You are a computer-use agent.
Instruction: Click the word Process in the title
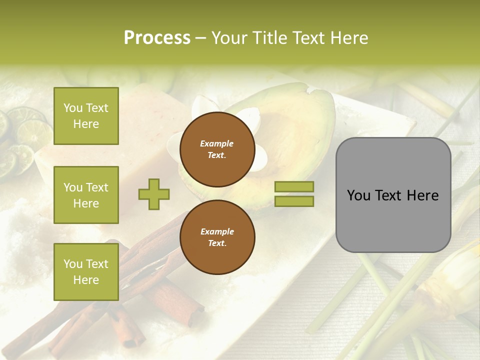click(157, 38)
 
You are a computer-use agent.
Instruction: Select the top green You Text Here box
click(86, 116)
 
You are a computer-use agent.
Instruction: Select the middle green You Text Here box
click(86, 195)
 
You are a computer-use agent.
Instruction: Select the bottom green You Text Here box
click(86, 271)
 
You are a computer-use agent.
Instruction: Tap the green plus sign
click(154, 194)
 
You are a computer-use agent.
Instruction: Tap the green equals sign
click(294, 194)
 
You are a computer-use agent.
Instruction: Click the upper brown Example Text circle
click(217, 149)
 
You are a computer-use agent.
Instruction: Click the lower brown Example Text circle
click(217, 237)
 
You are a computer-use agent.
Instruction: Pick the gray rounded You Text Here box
click(393, 195)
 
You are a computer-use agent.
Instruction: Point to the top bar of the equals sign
click(294, 187)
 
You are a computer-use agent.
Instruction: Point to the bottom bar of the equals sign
click(294, 201)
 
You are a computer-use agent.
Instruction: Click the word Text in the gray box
click(393, 195)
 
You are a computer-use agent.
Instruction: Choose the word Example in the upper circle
click(217, 144)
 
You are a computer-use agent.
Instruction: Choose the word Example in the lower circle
click(217, 231)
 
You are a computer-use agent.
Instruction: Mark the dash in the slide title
click(201, 38)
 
